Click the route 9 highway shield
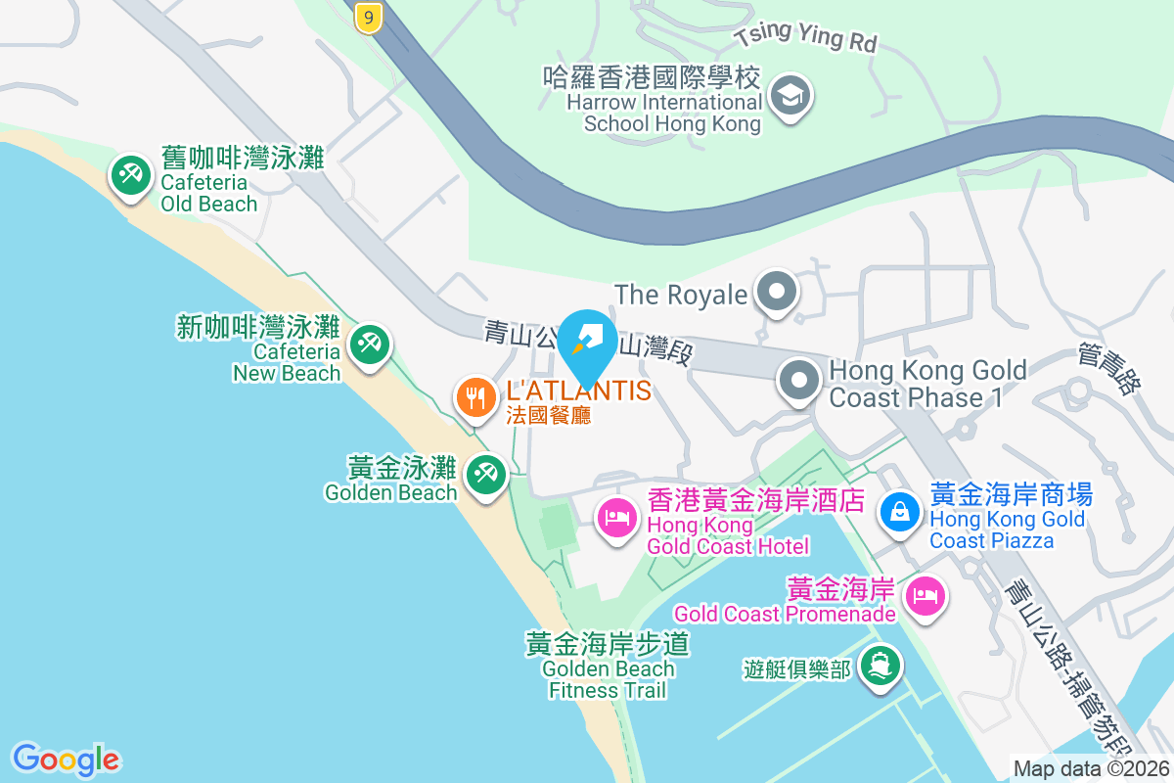click(368, 18)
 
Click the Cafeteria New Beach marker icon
click(369, 345)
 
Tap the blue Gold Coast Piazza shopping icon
click(898, 510)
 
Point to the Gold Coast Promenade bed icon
click(926, 594)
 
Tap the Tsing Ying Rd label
click(807, 38)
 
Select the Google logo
click(66, 760)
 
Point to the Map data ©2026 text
click(1091, 769)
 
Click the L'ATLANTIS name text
click(578, 391)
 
